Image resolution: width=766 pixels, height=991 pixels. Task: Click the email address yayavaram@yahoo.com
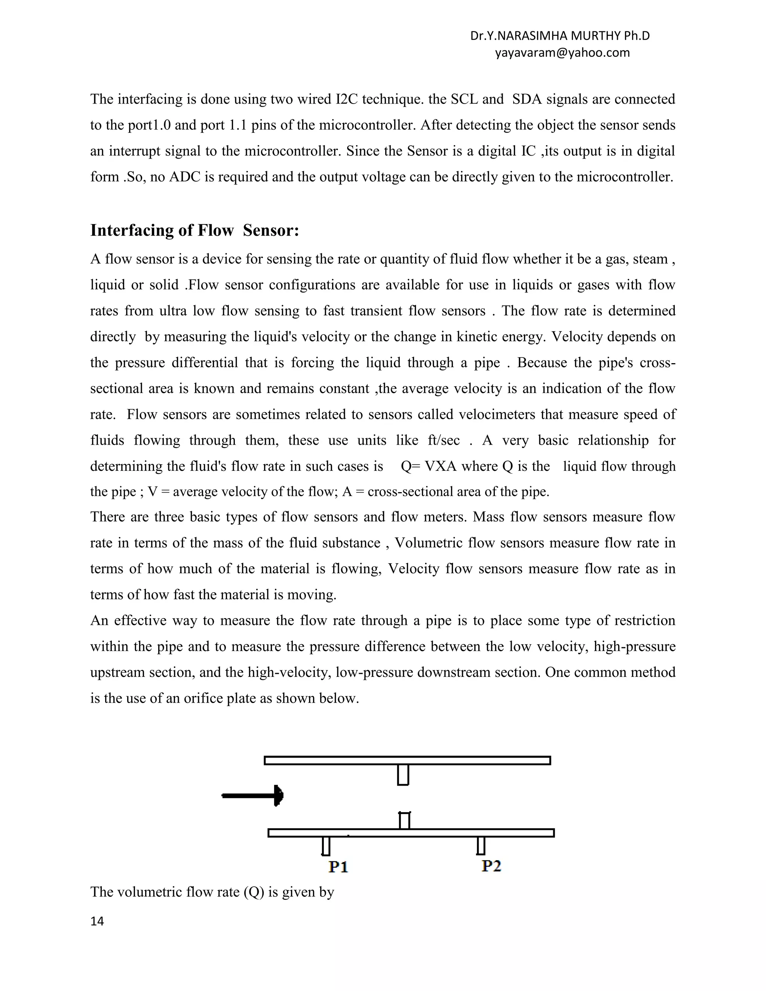pos(562,53)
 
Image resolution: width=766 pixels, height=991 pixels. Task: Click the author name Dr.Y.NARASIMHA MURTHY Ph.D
pos(560,36)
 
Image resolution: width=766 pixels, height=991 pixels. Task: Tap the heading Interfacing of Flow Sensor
pos(194,230)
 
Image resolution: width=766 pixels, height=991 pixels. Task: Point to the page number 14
pos(97,921)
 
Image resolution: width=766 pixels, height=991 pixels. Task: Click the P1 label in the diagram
pos(338,867)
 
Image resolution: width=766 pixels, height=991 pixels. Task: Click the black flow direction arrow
pos(253,795)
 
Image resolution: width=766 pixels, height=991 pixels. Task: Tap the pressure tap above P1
pos(326,846)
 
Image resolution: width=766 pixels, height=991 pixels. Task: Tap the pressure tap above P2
pos(481,846)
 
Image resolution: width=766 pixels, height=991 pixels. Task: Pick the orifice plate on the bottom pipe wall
pos(404,821)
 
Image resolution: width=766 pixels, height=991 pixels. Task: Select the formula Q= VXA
pos(428,466)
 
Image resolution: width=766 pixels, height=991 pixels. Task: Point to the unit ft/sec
pos(443,440)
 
